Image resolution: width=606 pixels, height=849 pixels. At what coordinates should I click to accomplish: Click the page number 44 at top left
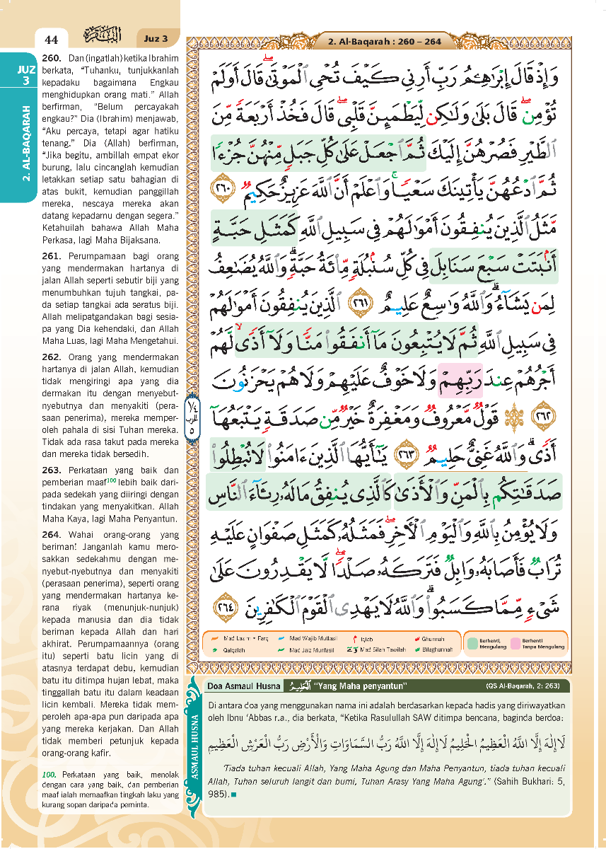(50, 39)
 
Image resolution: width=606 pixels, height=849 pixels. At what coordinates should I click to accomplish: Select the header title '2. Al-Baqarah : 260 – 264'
(384, 42)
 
